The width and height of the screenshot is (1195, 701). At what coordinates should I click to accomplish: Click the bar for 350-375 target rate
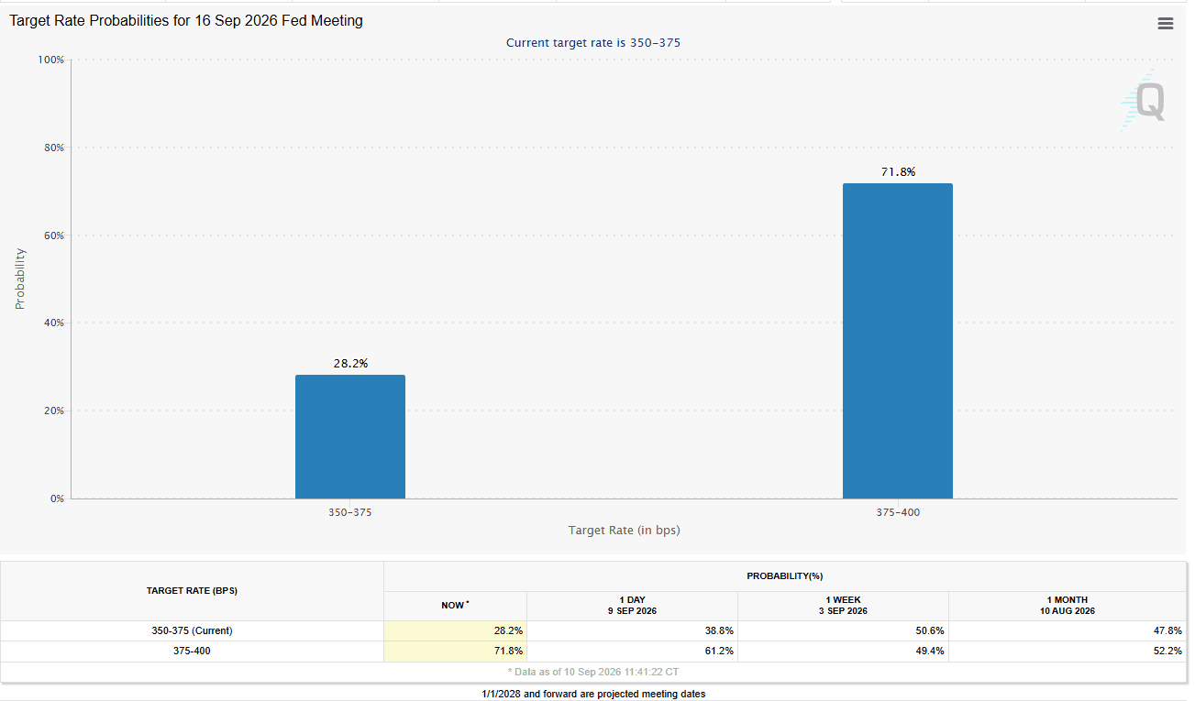coord(350,436)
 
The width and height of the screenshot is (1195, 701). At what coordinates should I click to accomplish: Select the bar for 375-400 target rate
coord(898,341)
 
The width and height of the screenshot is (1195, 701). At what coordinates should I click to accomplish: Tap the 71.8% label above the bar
coord(898,171)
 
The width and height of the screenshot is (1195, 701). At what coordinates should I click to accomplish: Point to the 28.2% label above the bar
coord(350,363)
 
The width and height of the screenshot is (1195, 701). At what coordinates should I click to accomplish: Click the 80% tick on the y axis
coord(54,148)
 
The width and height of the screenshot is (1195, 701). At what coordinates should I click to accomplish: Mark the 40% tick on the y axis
coord(54,323)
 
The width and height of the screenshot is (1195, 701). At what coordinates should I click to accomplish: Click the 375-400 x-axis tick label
coord(898,512)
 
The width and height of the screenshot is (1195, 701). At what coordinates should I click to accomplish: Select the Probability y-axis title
coord(20,279)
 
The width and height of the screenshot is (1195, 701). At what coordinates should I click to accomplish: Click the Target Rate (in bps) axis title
coord(625,530)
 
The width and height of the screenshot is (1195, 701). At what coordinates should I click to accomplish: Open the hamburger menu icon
coord(1166,24)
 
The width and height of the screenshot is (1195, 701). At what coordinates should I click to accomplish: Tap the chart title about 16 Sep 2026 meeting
coord(186,21)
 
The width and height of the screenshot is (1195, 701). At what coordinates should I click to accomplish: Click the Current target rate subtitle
coord(593,43)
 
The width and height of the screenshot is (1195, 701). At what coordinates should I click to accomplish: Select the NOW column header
coord(455,605)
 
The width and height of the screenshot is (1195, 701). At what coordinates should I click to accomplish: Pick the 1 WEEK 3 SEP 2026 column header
coord(843,605)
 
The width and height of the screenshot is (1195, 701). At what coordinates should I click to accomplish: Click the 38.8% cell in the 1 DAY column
coord(719,630)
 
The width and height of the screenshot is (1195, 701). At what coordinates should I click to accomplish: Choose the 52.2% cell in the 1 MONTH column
coord(1167,651)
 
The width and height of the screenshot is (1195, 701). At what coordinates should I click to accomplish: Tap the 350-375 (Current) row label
coord(192,630)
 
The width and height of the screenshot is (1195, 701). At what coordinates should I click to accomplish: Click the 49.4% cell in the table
coord(929,651)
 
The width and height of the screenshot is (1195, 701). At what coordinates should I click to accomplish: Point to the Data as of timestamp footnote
coord(593,672)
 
